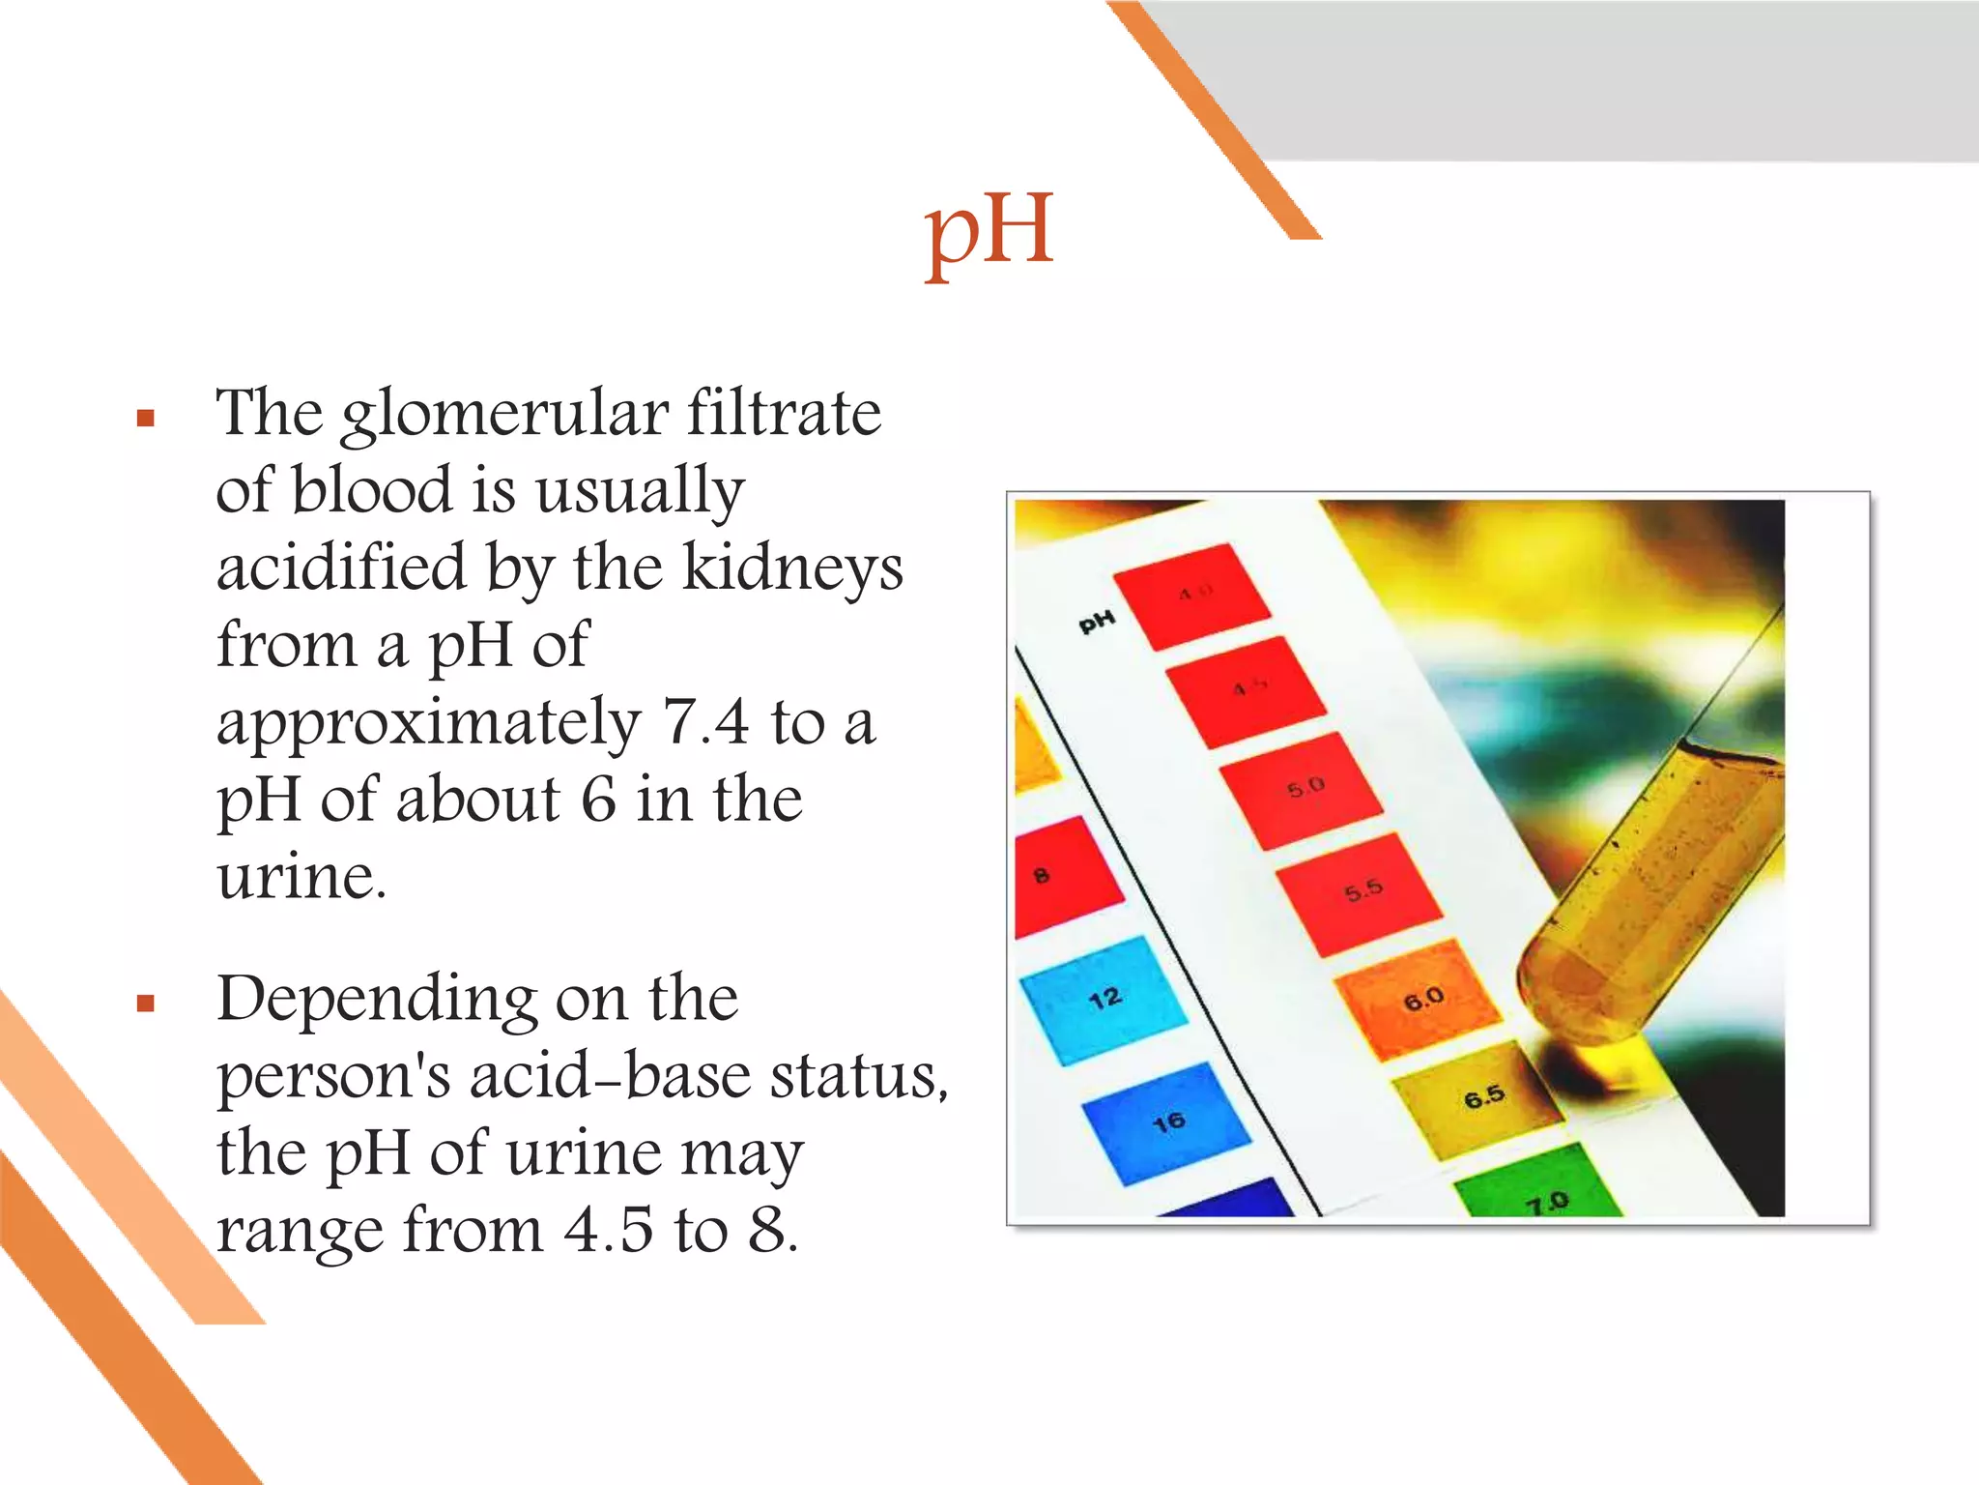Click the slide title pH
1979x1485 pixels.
(988, 232)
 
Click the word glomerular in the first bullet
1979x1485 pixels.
(504, 414)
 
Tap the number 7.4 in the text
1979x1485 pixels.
(704, 722)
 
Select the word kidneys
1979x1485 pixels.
(792, 568)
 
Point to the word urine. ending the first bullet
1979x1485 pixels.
(301, 878)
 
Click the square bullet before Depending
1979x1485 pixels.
(146, 1003)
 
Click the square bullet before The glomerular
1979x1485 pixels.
(146, 418)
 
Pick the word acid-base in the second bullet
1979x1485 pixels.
(609, 1076)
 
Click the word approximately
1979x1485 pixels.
(429, 724)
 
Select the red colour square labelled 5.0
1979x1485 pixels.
(1301, 789)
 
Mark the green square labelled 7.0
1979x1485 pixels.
(1538, 1185)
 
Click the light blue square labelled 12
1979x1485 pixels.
(1104, 1000)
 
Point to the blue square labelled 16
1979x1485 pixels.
(1165, 1123)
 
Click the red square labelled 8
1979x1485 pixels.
(1063, 876)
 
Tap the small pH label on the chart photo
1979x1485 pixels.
(1097, 622)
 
